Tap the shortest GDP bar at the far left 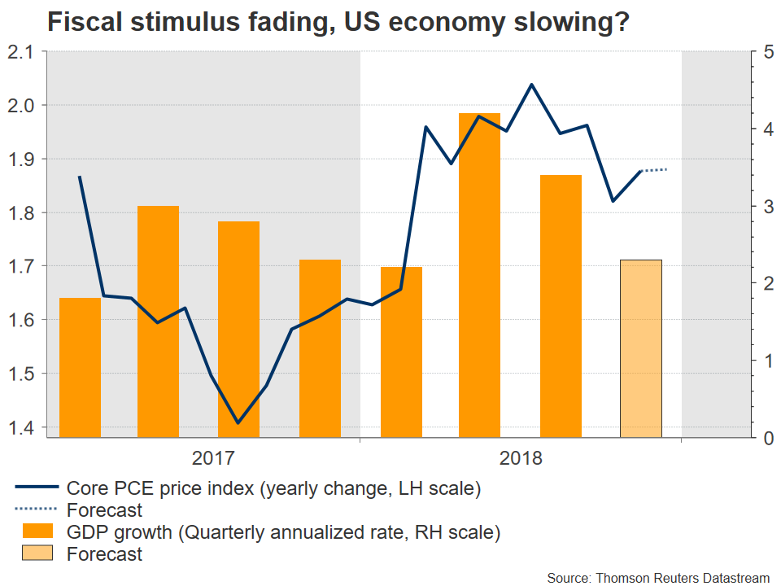tap(81, 367)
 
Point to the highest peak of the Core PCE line tap(531, 85)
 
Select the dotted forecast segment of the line tap(654, 170)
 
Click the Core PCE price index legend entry tap(268, 489)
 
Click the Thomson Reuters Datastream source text tap(657, 577)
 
